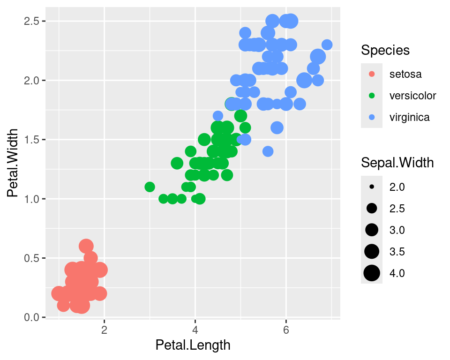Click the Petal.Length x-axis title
point(193,345)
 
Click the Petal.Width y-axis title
point(14,163)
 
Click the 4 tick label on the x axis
point(195,329)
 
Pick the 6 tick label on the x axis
point(286,329)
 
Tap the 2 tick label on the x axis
point(104,329)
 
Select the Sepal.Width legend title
point(397,163)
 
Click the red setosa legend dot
point(372,74)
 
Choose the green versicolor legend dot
point(372,96)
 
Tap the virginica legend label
point(409,117)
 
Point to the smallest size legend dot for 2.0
point(372,187)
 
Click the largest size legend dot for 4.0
point(372,273)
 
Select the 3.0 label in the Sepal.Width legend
point(397,230)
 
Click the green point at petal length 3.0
point(150,187)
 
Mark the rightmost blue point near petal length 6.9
point(327,45)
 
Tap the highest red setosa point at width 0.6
point(86,246)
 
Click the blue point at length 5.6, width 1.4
point(268,151)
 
